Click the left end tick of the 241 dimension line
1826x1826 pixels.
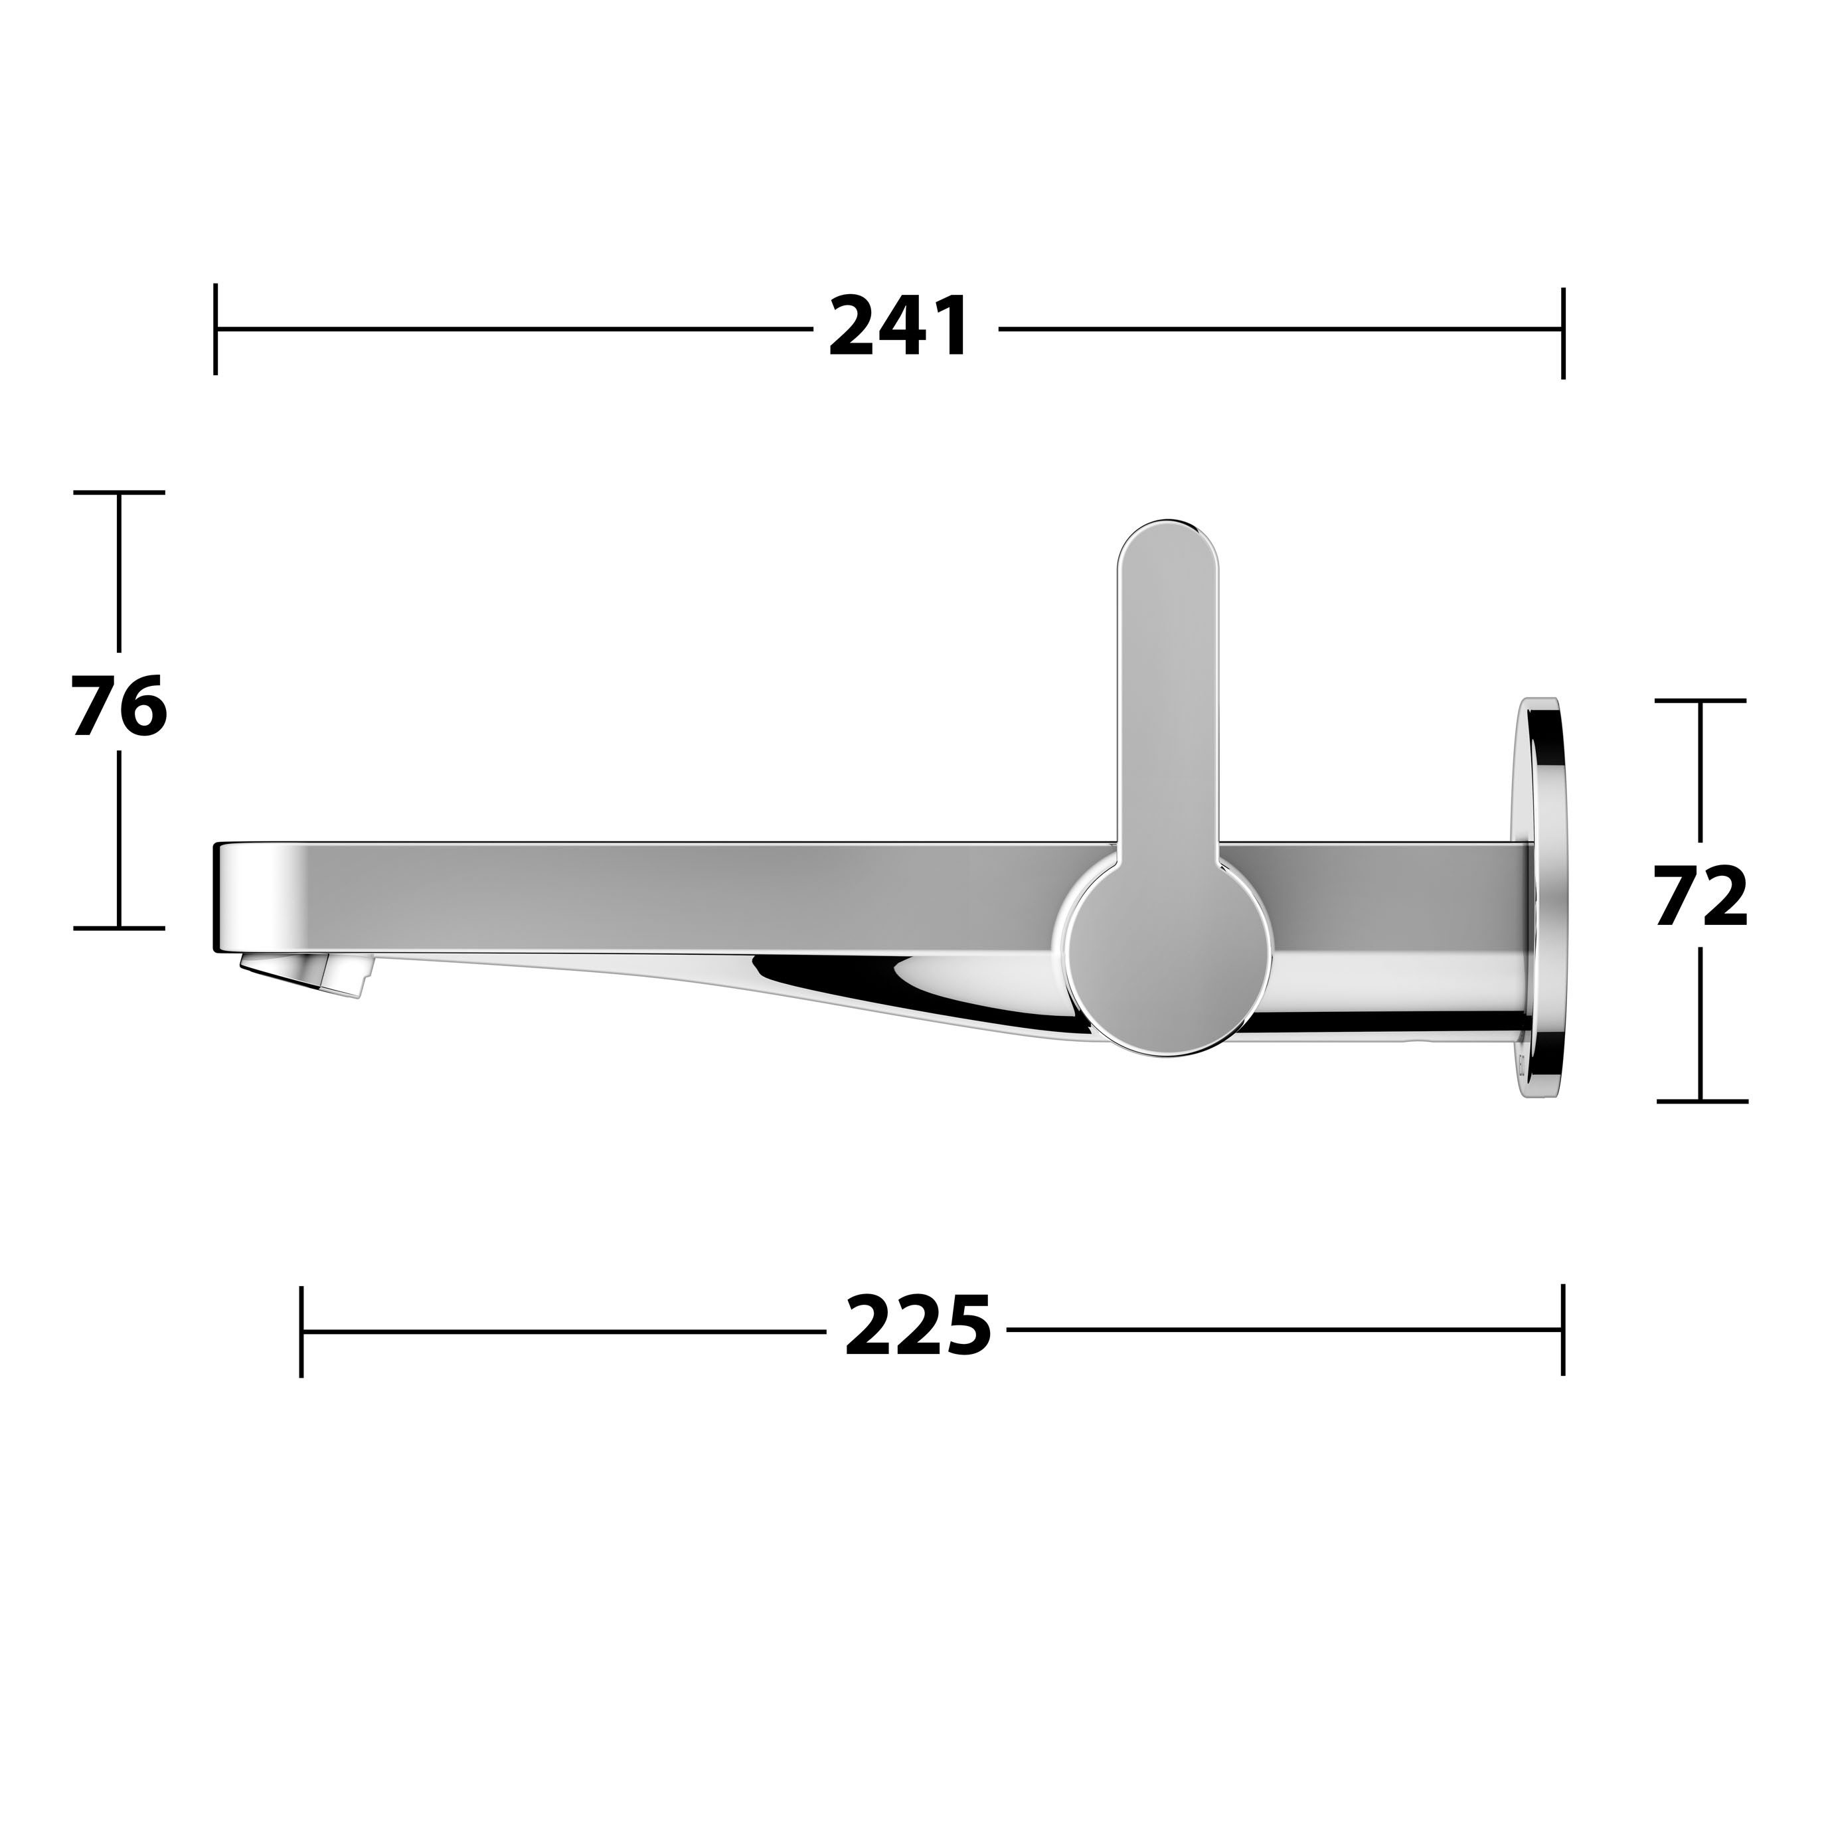click(x=216, y=329)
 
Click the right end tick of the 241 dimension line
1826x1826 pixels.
click(x=1562, y=333)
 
